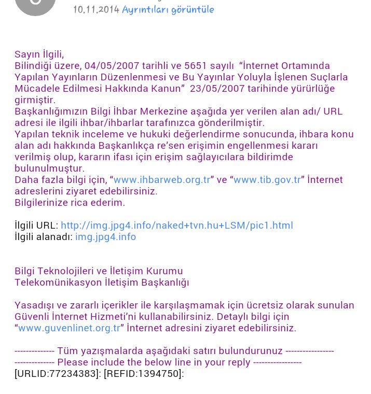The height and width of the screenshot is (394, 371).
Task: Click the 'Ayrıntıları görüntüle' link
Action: click(x=168, y=9)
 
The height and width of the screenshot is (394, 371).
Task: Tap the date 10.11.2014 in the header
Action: click(x=96, y=9)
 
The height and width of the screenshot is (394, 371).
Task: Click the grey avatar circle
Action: click(x=35, y=5)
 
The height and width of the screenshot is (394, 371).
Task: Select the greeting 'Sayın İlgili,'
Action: click(x=39, y=54)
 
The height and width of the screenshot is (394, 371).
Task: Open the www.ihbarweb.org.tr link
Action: click(x=162, y=180)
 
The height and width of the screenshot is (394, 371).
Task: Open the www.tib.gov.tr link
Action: click(x=267, y=180)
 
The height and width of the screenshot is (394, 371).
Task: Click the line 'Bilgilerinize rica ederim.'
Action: click(x=70, y=203)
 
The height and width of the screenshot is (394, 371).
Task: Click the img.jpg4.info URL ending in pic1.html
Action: click(x=177, y=226)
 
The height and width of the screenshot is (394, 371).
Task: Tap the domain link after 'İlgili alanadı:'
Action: click(x=106, y=237)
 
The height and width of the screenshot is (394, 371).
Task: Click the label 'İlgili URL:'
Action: click(x=36, y=226)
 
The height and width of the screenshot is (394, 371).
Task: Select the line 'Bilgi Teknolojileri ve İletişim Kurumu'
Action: click(x=99, y=271)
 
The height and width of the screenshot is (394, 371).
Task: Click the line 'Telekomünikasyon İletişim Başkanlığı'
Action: click(x=102, y=283)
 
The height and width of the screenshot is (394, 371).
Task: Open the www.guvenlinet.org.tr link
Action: click(x=70, y=328)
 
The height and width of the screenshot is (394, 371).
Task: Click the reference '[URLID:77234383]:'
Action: click(x=58, y=374)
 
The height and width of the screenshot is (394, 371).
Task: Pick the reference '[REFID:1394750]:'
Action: click(x=144, y=374)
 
